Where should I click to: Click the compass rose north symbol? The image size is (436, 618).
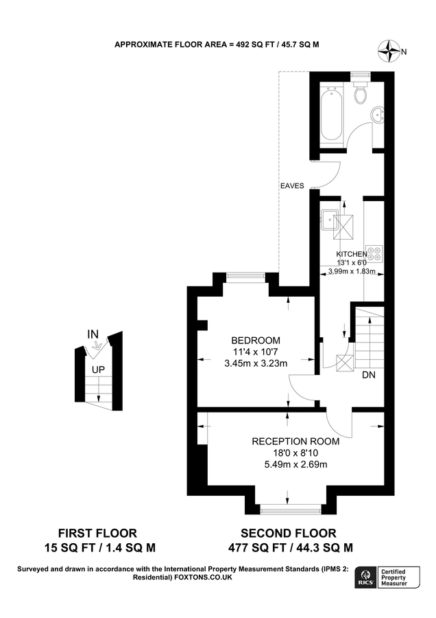[391, 49]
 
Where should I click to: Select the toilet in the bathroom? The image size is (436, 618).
[361, 91]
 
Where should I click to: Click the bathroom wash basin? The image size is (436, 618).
[377, 114]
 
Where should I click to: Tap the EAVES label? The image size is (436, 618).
[292, 185]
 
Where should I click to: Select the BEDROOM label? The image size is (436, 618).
[256, 341]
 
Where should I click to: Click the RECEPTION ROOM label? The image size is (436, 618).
[295, 441]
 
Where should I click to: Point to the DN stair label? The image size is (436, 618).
[369, 375]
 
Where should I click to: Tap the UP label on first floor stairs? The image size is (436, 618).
[99, 369]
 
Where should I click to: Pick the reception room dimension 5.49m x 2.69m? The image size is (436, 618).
[295, 464]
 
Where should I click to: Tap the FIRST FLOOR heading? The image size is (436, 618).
[97, 532]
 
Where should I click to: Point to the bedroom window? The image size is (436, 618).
[247, 277]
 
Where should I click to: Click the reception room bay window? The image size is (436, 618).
[291, 509]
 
